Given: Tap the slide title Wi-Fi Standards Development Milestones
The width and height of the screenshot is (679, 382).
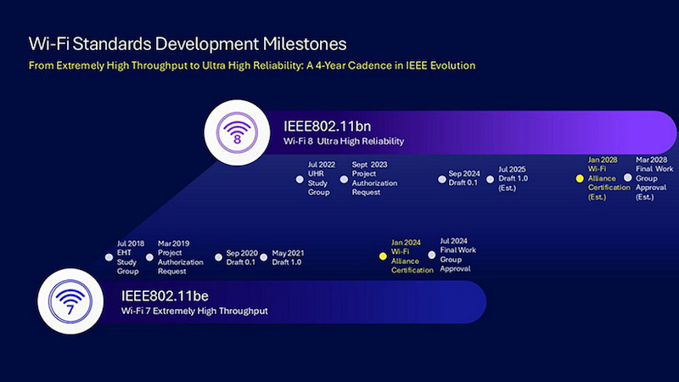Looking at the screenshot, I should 188,42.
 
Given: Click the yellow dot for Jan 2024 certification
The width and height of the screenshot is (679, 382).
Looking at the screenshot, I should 383,255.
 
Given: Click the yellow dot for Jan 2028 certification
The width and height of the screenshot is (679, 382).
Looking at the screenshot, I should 580,178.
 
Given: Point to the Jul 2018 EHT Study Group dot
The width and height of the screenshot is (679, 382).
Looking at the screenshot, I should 109,256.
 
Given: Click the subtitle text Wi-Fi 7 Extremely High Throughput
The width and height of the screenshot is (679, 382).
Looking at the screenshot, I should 194,312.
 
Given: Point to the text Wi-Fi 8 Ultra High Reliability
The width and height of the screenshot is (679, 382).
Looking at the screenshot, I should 344,141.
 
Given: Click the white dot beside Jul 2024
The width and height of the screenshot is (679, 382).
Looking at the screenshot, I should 432,255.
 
